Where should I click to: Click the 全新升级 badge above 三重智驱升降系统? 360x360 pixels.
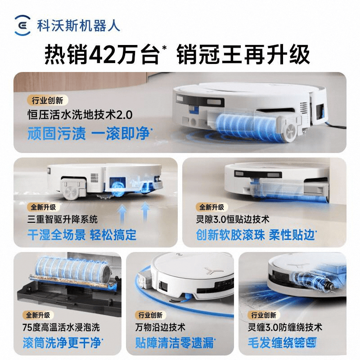coord(43,207)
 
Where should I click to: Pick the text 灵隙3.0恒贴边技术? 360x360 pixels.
coord(233,220)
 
